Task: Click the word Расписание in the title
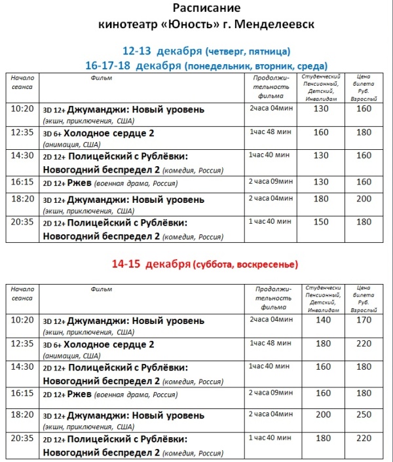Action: point(206,9)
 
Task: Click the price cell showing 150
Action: point(321,222)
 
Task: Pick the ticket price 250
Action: point(364,416)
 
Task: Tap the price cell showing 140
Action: point(323,320)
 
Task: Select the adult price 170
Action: point(364,320)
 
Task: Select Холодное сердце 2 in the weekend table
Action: point(110,344)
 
